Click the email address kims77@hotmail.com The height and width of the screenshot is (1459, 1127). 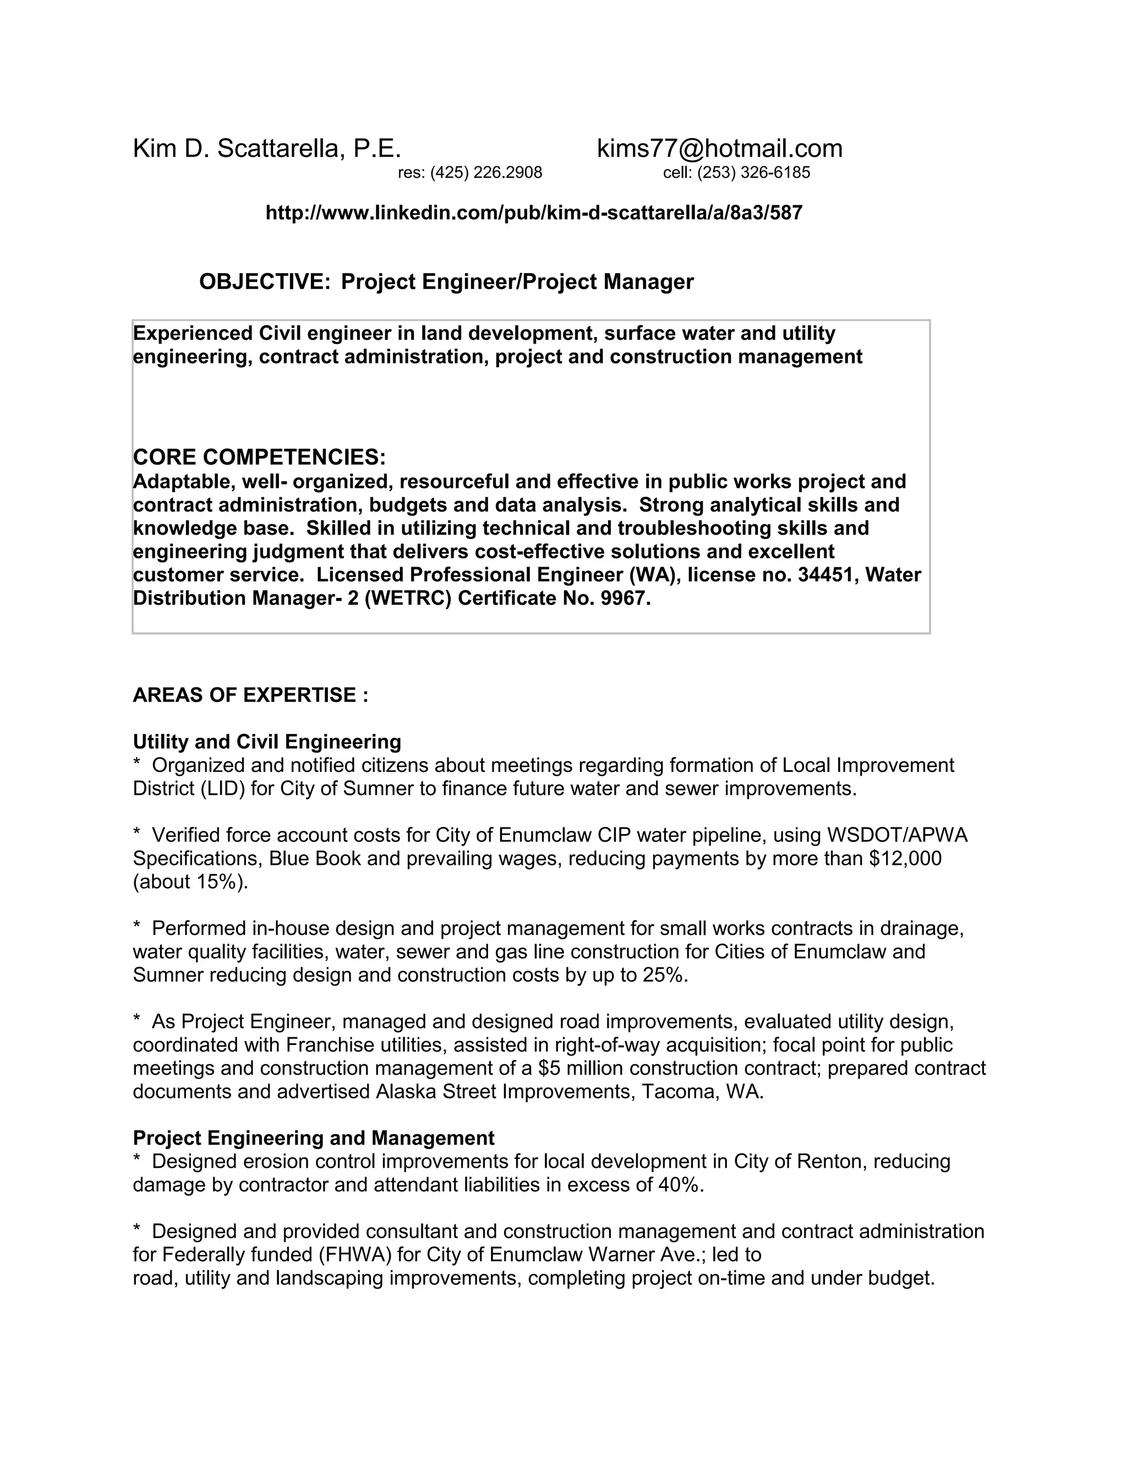click(719, 148)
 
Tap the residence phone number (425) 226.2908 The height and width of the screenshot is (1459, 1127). click(486, 173)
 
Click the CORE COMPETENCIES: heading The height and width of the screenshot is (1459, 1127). click(259, 458)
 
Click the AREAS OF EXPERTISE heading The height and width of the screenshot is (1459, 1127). click(250, 695)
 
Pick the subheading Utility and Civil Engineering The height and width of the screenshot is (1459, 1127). click(267, 742)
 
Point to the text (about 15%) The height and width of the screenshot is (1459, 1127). click(190, 882)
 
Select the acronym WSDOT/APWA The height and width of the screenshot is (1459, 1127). click(896, 835)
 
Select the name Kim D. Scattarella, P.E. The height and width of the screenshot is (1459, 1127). click(267, 148)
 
